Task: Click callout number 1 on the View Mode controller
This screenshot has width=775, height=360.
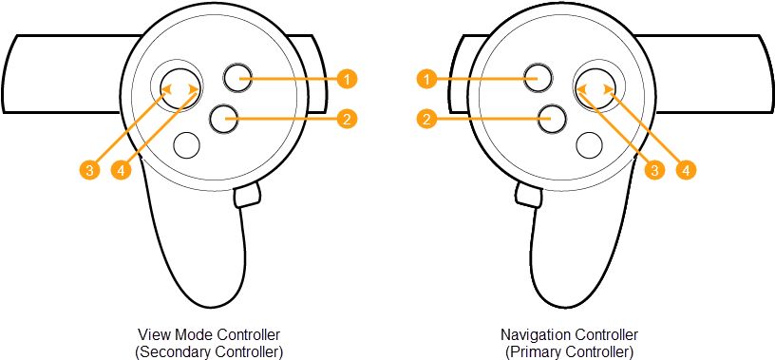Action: coord(349,77)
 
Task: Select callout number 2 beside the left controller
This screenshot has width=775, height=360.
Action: coord(349,119)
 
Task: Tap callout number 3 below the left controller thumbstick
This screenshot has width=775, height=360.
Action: coord(88,170)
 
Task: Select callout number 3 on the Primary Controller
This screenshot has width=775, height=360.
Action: coord(653,170)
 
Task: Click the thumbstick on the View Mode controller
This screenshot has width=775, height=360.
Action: coord(180,88)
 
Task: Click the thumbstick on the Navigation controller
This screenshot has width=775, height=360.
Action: coord(595,87)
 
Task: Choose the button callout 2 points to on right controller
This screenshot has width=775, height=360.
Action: coord(551,119)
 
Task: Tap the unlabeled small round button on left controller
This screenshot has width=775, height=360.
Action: coord(186,144)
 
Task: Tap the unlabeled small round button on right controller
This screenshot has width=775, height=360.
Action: coord(590,144)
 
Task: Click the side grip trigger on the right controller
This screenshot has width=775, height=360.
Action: coord(528,197)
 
